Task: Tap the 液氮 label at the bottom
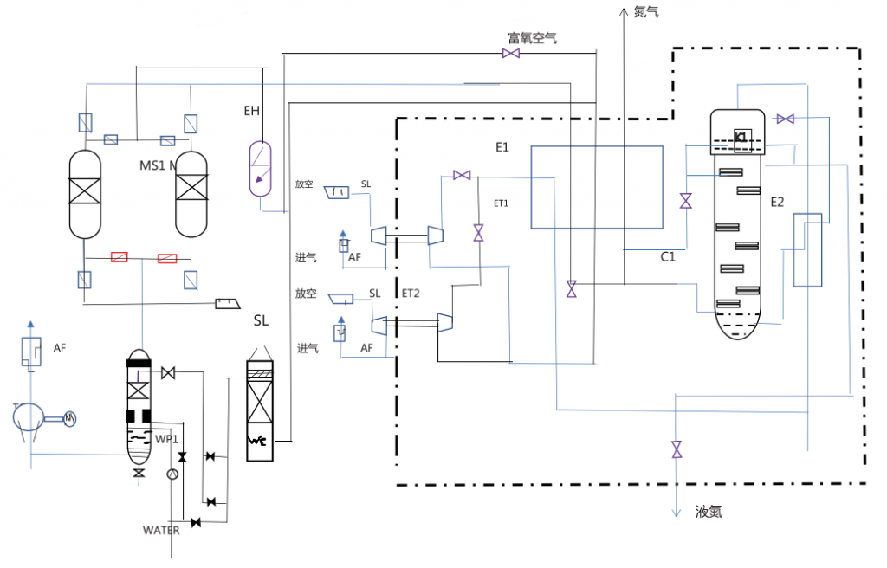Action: click(x=709, y=512)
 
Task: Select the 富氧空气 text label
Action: click(x=532, y=38)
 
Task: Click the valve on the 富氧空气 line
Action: click(x=511, y=55)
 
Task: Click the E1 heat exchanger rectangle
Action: click(x=596, y=187)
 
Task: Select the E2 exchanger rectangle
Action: click(x=807, y=249)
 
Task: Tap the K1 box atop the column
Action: click(x=741, y=138)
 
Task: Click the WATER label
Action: click(x=161, y=530)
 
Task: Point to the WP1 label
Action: click(x=167, y=437)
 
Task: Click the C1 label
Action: click(x=668, y=256)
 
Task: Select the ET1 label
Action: click(x=501, y=203)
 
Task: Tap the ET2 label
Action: click(x=410, y=294)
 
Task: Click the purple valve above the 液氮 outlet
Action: click(x=676, y=449)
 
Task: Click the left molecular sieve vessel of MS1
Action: click(x=87, y=194)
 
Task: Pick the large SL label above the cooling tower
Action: click(x=261, y=320)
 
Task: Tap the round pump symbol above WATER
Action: click(x=172, y=474)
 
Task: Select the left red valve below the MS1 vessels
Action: click(x=120, y=257)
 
